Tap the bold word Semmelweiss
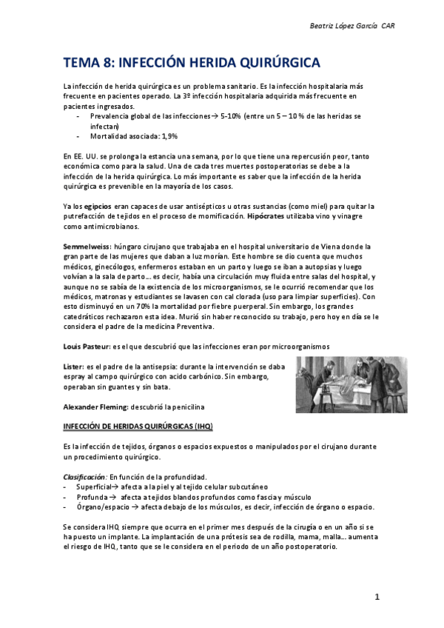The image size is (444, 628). (86, 246)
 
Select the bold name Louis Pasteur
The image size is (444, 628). (85, 347)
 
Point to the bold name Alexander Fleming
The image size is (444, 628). (95, 407)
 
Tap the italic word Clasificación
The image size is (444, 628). (83, 477)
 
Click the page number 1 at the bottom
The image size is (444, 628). (377, 597)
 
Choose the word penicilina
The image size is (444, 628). (184, 407)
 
